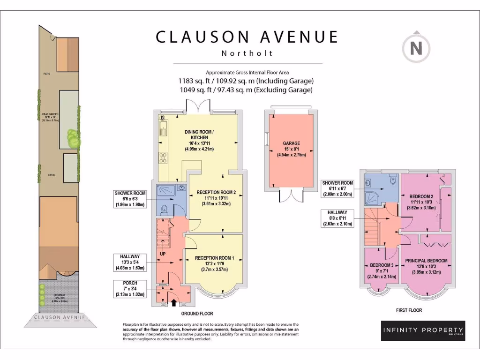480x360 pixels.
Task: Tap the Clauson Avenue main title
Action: click(x=247, y=37)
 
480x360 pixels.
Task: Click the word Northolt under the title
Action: click(x=247, y=53)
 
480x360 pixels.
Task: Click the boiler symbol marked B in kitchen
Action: click(x=162, y=117)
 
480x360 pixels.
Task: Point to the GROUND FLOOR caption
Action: click(x=197, y=313)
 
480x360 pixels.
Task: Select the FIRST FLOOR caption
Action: click(x=409, y=310)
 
